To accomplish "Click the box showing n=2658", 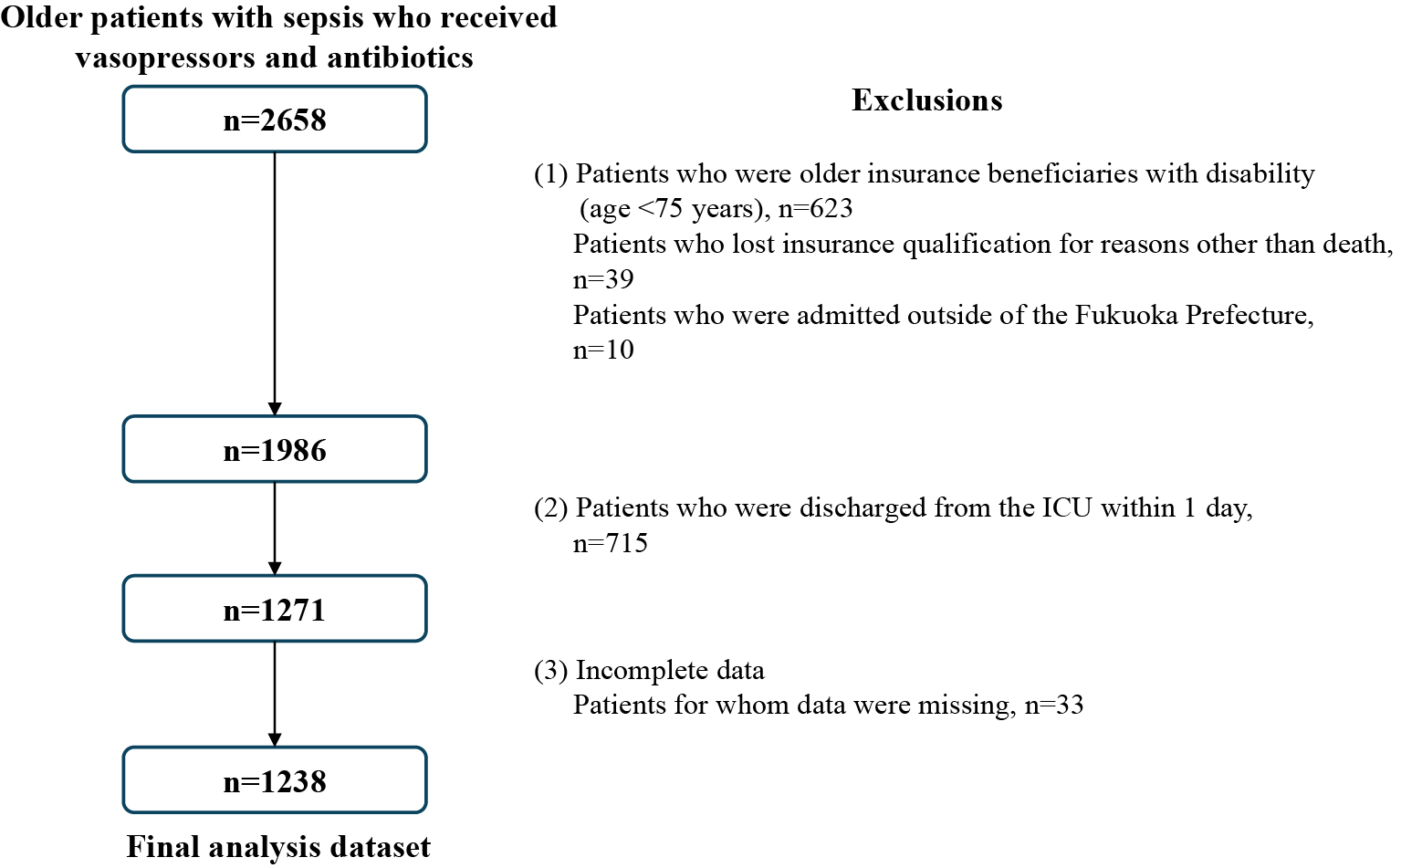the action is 275,120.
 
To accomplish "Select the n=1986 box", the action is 275,450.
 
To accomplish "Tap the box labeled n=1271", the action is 275,609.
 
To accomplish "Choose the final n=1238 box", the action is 275,780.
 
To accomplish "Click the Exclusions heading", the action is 927,100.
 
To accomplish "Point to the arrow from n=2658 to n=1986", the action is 275,284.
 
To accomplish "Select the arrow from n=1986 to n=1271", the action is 275,529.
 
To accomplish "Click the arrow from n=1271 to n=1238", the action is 275,695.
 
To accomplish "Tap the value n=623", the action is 816,208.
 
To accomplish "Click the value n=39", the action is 603,279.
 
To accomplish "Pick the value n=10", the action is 603,350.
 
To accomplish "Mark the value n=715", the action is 611,543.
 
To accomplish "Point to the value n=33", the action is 1054,705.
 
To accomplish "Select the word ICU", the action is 1066,507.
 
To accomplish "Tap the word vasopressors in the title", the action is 163,58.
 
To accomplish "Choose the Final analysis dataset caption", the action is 278,847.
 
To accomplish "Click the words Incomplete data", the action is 670,670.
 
